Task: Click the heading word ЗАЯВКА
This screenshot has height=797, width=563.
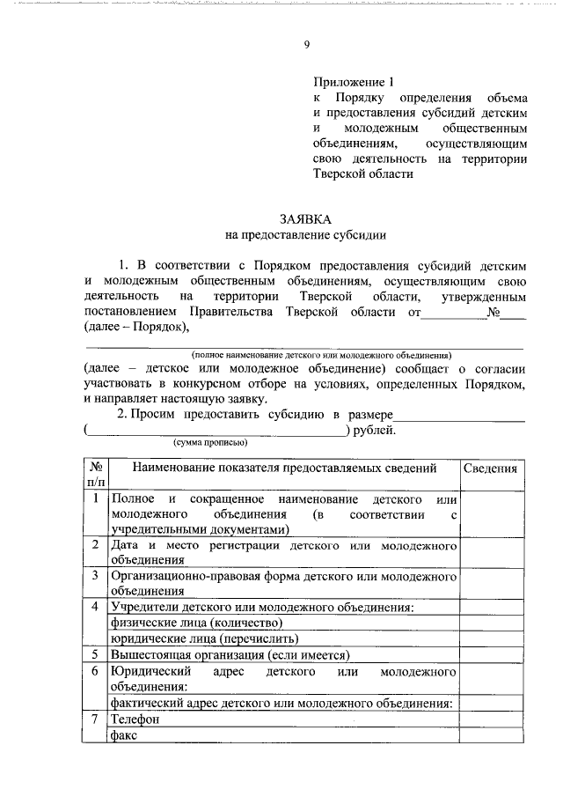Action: (x=305, y=218)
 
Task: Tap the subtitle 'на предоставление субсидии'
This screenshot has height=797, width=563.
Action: (x=305, y=235)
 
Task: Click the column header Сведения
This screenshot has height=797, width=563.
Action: (x=489, y=468)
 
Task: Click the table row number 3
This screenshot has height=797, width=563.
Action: (x=95, y=576)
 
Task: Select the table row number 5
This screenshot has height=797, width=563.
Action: (x=95, y=654)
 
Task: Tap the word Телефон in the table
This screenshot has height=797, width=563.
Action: (x=135, y=720)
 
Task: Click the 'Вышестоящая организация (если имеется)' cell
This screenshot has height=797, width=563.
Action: (x=230, y=654)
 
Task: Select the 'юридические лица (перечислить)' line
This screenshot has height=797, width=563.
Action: (x=203, y=638)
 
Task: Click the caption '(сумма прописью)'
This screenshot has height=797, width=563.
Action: (x=210, y=444)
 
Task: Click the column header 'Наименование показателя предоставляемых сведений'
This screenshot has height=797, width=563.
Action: (x=283, y=468)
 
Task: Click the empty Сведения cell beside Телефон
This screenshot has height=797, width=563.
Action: (x=489, y=720)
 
